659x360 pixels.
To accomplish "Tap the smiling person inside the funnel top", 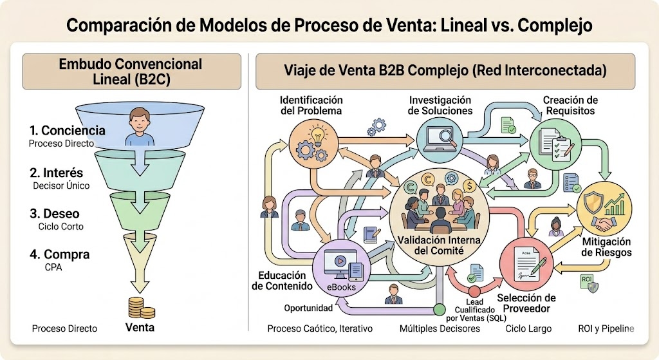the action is point(139,127).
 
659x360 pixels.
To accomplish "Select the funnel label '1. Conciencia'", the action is point(67,130).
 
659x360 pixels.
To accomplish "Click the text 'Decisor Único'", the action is point(61,185).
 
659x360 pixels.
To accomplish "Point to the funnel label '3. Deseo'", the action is point(55,214).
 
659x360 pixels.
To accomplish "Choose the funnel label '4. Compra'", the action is point(60,254).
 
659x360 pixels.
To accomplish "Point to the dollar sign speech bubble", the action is point(469,185).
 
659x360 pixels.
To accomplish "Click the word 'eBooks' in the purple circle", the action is point(341,287).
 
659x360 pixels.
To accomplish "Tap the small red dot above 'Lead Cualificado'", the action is point(474,292).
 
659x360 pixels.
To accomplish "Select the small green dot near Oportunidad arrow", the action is point(439,310).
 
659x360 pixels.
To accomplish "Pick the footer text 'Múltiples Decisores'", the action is point(440,328).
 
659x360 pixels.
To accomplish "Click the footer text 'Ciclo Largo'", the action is point(528,328).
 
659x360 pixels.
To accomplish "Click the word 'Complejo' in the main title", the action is point(555,25).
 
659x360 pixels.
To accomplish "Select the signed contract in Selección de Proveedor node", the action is point(526,263).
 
